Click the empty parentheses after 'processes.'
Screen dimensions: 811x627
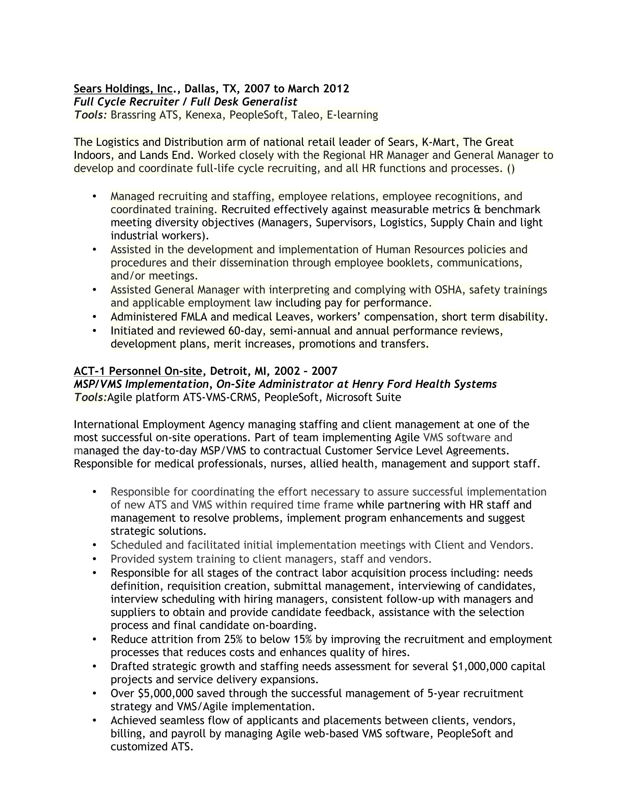[x=511, y=169]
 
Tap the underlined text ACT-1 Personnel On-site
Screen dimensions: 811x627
[x=138, y=371]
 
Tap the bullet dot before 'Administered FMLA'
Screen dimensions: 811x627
[x=94, y=317]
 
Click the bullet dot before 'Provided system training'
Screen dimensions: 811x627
[x=94, y=559]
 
